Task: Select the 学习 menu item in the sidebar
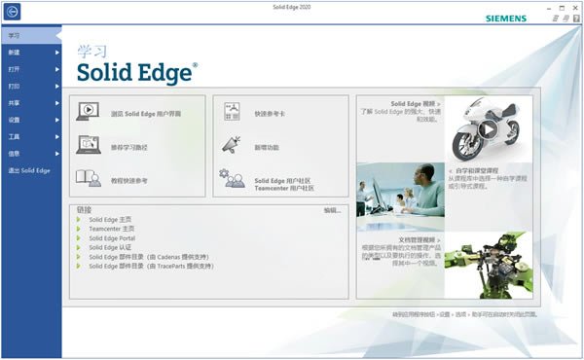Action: pyautogui.click(x=15, y=36)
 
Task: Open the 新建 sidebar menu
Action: pyautogui.click(x=15, y=53)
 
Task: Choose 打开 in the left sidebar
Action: pyautogui.click(x=15, y=69)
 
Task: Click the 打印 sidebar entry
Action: pyautogui.click(x=15, y=86)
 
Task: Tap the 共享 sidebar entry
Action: pyautogui.click(x=15, y=102)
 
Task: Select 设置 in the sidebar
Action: pyautogui.click(x=15, y=120)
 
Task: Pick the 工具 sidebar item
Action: pyautogui.click(x=15, y=136)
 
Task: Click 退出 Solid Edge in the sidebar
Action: pyautogui.click(x=29, y=170)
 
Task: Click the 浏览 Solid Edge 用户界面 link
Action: pyautogui.click(x=146, y=114)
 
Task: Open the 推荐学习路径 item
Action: pyautogui.click(x=129, y=147)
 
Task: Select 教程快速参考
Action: pyautogui.click(x=129, y=180)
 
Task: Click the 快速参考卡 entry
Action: pyautogui.click(x=272, y=114)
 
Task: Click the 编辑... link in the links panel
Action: pyautogui.click(x=333, y=210)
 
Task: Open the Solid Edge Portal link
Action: pyautogui.click(x=112, y=238)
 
